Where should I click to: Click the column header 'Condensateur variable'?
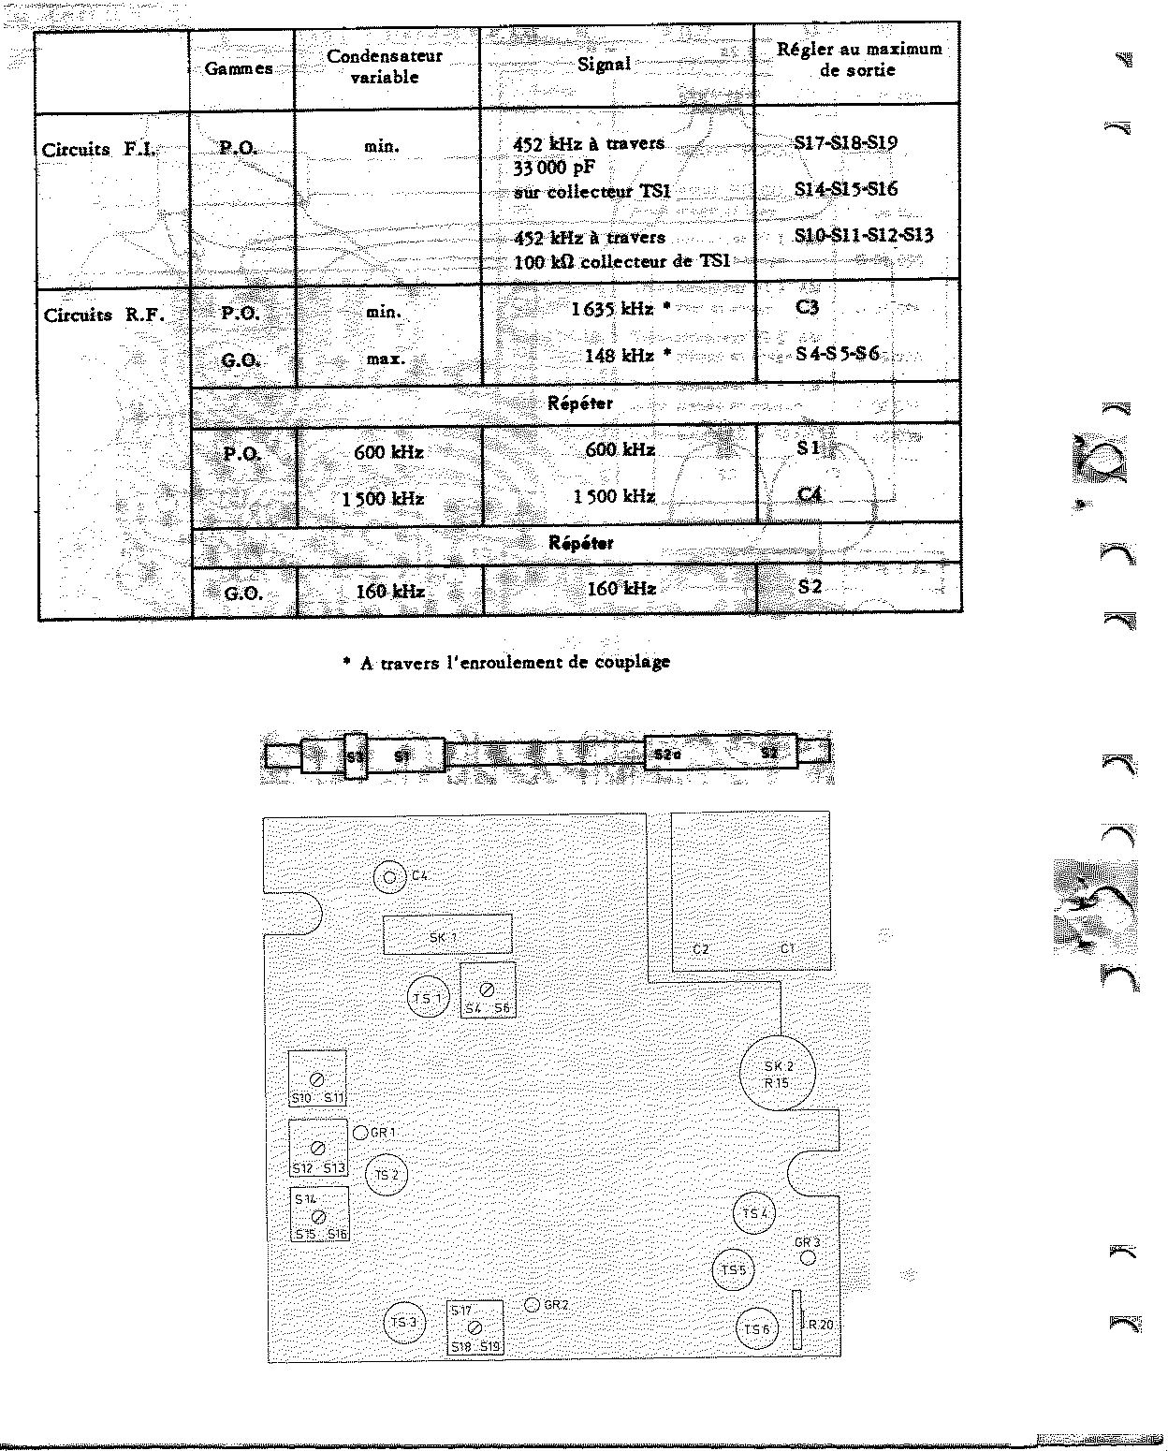point(384,66)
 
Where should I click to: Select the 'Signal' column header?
point(604,65)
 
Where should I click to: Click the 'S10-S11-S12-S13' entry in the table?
point(863,235)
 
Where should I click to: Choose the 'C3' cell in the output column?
point(807,307)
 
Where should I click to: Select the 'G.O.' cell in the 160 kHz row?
point(242,593)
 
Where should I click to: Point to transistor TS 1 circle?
point(428,998)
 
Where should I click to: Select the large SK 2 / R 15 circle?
point(777,1073)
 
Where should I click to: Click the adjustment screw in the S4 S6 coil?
point(488,989)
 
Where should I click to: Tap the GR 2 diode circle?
point(532,1304)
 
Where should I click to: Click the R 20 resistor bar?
point(796,1320)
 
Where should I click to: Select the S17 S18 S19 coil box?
point(474,1327)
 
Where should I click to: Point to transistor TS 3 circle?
point(404,1323)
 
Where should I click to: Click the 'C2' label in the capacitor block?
point(701,949)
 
